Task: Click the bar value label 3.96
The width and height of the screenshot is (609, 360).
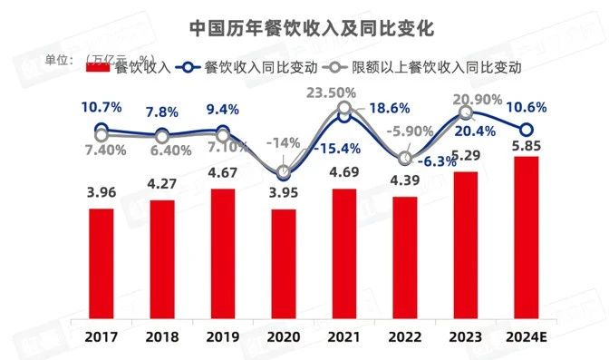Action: coord(101,194)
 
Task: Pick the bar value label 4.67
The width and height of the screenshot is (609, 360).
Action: coord(223,175)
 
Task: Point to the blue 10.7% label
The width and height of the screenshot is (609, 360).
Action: coord(101,107)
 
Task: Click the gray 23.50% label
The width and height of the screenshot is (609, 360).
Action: coord(344,92)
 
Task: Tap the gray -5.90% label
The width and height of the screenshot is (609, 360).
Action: coord(410,131)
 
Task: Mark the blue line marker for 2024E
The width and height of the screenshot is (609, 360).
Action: coord(527,130)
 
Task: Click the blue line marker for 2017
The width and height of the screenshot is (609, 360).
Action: coord(101,131)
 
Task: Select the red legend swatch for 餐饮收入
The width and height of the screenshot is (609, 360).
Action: coord(93,67)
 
